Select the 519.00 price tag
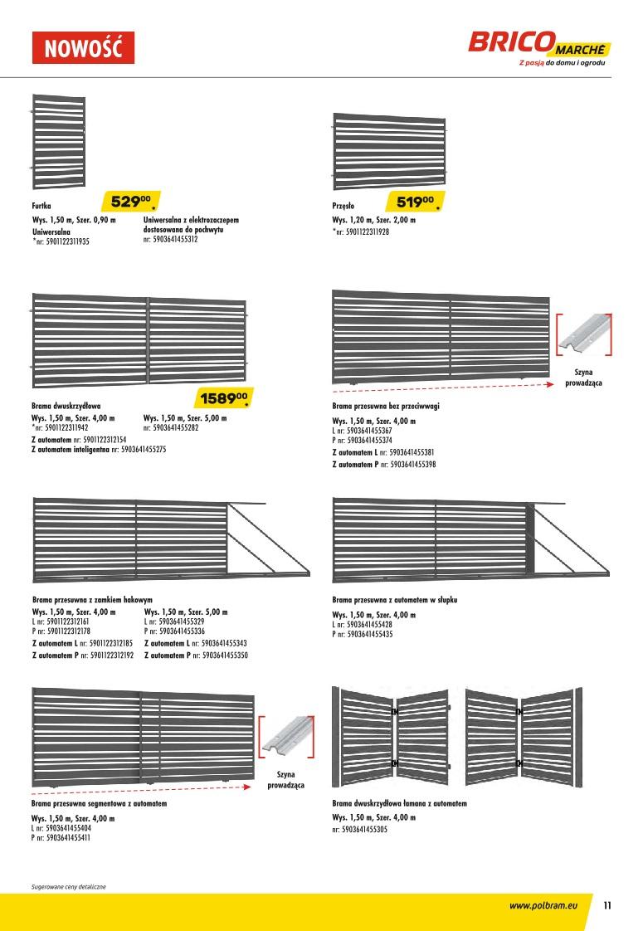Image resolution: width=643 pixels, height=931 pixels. pyautogui.click(x=416, y=202)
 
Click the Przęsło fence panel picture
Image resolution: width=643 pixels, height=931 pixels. pyautogui.click(x=389, y=151)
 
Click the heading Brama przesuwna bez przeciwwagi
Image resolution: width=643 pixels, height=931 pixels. pyautogui.click(x=386, y=407)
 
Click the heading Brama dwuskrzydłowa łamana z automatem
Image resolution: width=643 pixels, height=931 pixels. pyautogui.click(x=399, y=804)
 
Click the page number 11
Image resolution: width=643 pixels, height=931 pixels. pyautogui.click(x=608, y=905)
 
